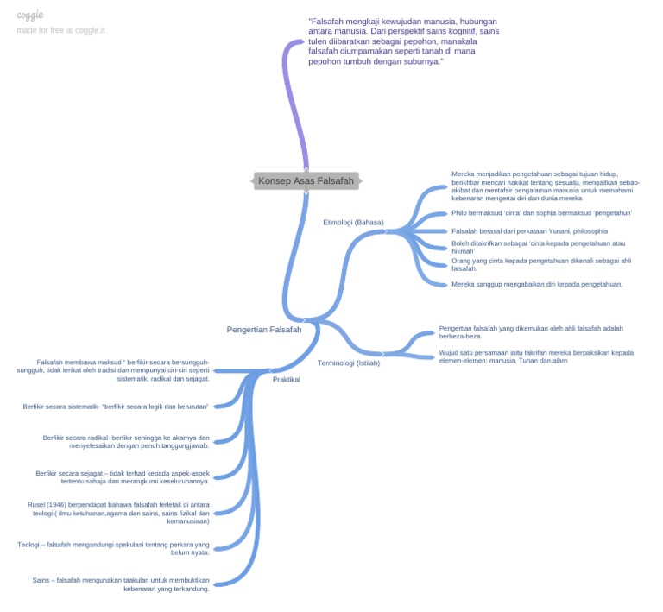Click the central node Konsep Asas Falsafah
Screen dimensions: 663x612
306,180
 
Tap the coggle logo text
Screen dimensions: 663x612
30,16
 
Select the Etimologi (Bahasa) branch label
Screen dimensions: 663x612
353,222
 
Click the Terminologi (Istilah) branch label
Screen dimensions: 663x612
349,363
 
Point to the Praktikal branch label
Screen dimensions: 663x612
286,379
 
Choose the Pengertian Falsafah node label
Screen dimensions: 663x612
264,330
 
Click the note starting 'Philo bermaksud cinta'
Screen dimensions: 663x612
541,213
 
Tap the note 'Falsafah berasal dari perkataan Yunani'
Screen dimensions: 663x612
529,231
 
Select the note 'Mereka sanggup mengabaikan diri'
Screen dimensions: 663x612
537,284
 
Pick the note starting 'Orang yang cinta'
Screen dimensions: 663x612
540,264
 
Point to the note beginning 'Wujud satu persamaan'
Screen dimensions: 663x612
535,356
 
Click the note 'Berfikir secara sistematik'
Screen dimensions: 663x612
117,406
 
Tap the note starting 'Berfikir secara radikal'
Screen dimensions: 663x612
126,442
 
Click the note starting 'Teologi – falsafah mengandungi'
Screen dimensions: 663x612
113,548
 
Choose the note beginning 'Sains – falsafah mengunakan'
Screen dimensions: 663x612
121,584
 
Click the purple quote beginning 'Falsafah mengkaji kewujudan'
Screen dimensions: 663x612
402,41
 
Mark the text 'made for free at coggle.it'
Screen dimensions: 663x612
61,30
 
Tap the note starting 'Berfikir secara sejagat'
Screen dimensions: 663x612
123,477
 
